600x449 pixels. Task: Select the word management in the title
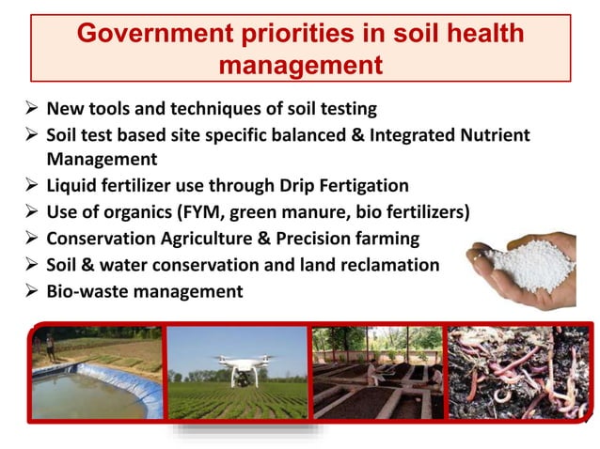click(300, 65)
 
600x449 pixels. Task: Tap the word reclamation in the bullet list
click(387, 265)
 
